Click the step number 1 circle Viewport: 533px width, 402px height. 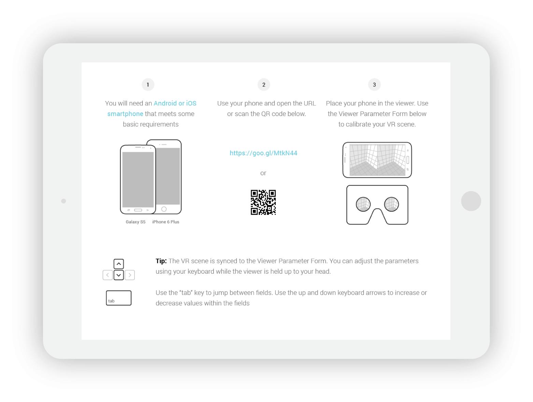click(148, 85)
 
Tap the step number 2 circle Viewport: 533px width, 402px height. click(263, 85)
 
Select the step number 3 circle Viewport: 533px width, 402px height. click(374, 85)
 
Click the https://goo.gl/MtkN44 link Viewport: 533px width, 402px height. click(263, 153)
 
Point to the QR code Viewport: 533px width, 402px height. click(263, 202)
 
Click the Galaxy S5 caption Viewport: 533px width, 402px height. click(135, 222)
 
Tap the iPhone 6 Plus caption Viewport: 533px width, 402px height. click(165, 222)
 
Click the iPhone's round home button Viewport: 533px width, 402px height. click(164, 209)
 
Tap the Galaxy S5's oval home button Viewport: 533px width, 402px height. click(138, 210)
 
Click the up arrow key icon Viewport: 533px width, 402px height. click(118, 264)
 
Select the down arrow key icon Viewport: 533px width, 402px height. click(118, 275)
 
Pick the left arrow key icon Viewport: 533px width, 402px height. click(107, 275)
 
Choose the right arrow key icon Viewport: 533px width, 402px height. click(130, 275)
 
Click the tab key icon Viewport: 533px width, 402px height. click(118, 298)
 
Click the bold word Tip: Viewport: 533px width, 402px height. click(161, 261)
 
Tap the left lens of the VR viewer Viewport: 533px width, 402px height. click(363, 204)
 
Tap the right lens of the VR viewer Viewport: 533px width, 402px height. click(391, 204)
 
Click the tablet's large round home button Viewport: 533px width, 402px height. click(471, 201)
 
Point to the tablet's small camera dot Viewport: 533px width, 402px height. click(63, 201)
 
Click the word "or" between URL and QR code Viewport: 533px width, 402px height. click(263, 173)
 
